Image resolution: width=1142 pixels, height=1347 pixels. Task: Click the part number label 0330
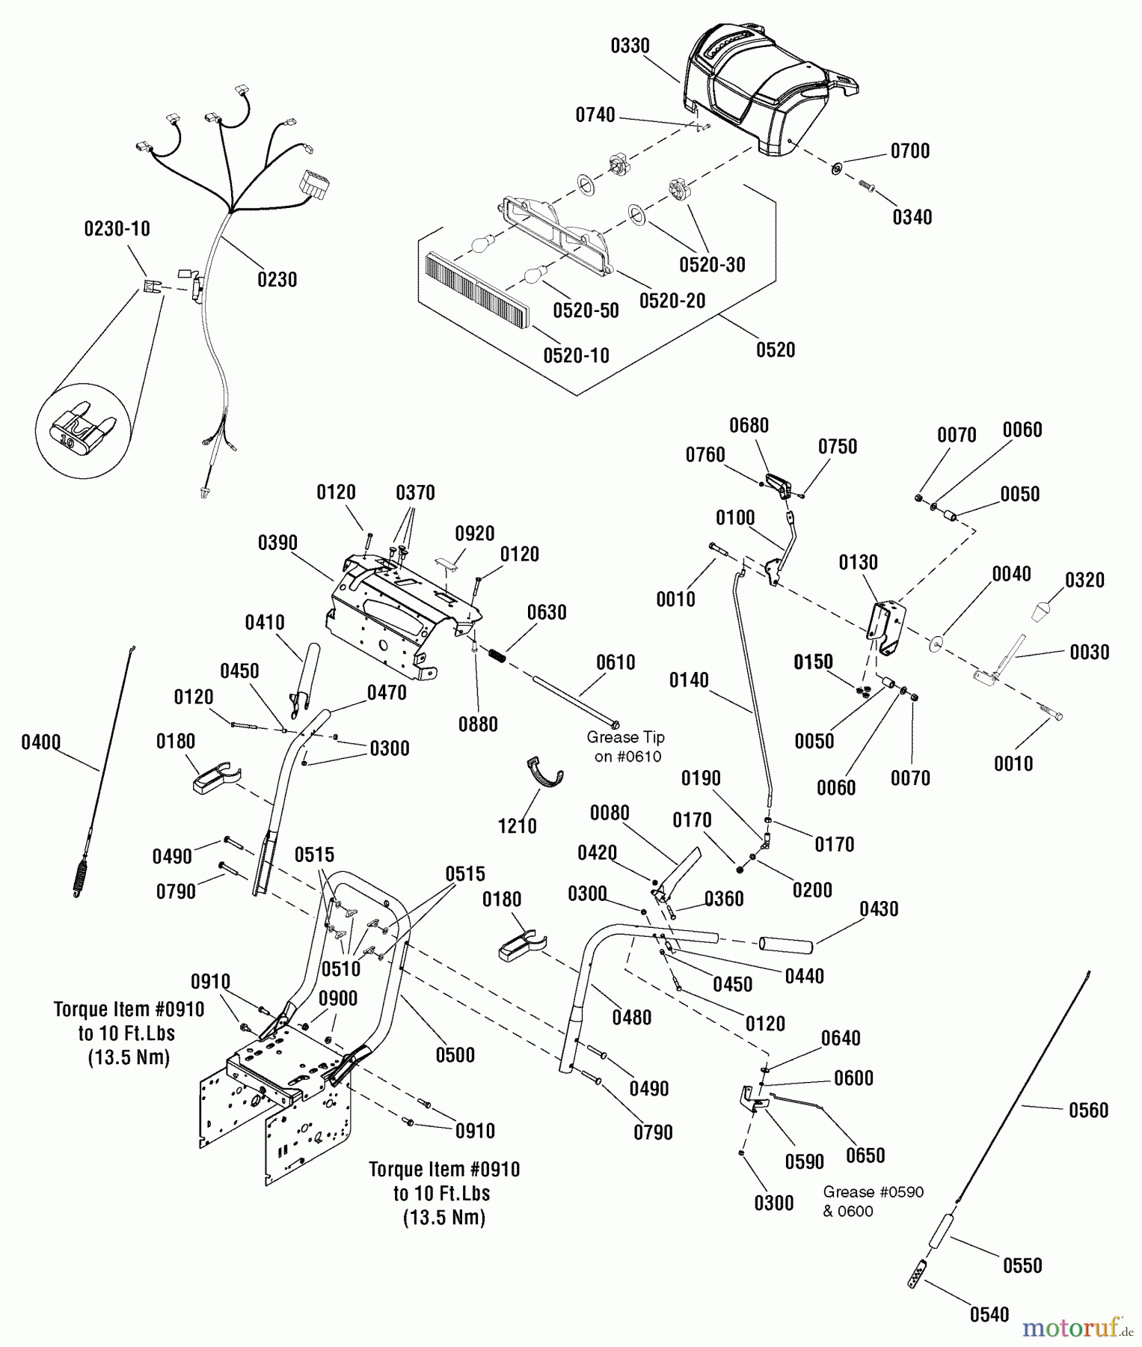coord(630,46)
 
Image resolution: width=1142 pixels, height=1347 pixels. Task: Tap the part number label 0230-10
coord(117,229)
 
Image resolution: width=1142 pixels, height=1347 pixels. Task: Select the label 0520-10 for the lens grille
coord(576,355)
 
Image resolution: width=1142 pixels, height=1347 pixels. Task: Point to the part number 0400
coord(40,742)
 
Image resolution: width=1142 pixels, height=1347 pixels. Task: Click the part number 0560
coord(1088,1111)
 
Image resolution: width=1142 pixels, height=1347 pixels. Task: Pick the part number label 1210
coord(518,826)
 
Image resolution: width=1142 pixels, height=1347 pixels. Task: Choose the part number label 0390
coord(277,543)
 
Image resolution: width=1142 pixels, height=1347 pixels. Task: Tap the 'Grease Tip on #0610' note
coord(626,747)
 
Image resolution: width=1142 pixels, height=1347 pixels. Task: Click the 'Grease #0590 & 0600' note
coord(874,1201)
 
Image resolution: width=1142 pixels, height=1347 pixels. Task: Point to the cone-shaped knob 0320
coord(1040,612)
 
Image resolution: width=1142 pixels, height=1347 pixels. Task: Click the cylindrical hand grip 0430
coord(785,945)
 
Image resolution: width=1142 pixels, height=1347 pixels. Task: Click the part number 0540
coord(989,1315)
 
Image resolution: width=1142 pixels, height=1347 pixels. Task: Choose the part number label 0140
coord(688,680)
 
